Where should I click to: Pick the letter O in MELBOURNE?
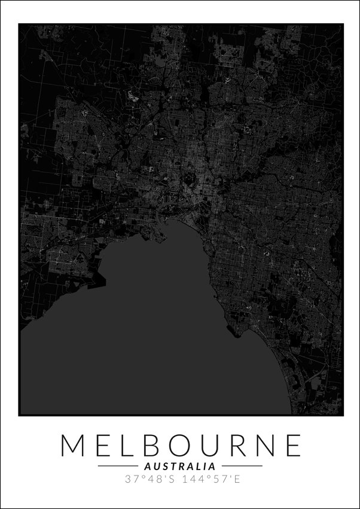click(x=179, y=445)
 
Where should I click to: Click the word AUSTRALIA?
click(x=180, y=466)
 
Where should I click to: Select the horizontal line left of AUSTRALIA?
click(x=118, y=466)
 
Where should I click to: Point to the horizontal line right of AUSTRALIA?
click(x=242, y=466)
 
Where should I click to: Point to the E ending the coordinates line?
click(x=231, y=479)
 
